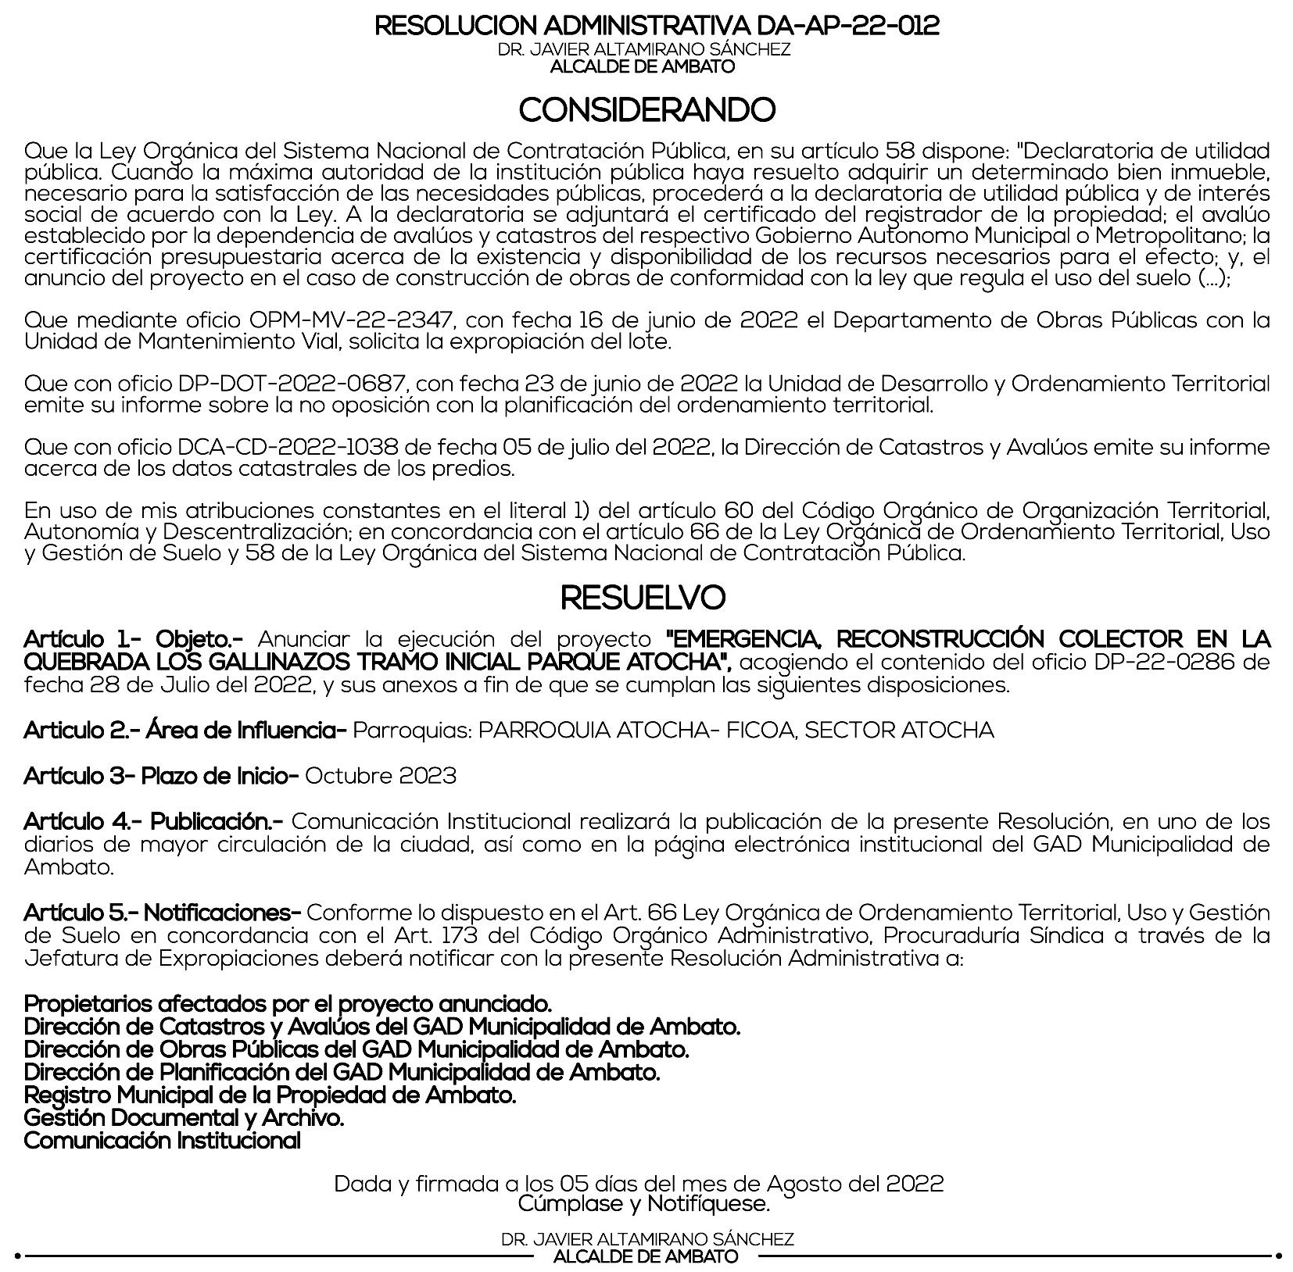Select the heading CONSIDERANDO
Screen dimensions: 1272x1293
[x=646, y=110]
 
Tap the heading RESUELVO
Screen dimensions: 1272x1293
[x=643, y=598]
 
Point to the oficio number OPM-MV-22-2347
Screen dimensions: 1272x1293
[x=351, y=320]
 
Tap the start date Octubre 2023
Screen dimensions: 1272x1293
[x=381, y=776]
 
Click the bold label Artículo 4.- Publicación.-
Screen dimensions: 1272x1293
[x=154, y=822]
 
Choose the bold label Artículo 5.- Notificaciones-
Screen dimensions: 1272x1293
[x=163, y=913]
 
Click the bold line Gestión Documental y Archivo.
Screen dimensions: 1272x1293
[x=184, y=1118]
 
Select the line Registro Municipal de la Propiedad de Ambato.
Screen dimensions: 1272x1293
[x=270, y=1095]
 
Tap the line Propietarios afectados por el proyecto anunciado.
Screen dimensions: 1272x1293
[x=288, y=1004]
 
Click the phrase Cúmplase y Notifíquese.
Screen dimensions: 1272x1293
[x=644, y=1203]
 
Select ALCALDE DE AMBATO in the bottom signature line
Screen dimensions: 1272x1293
[x=646, y=1257]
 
